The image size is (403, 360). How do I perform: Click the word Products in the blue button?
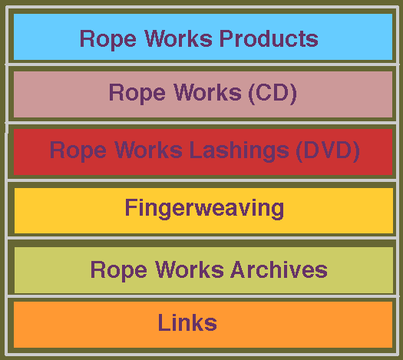pyautogui.click(x=269, y=38)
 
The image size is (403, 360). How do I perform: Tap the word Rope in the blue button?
pyautogui.click(x=108, y=40)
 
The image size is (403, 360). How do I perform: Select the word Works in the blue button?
pyautogui.click(x=178, y=38)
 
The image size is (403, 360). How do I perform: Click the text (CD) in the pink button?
pyautogui.click(x=273, y=93)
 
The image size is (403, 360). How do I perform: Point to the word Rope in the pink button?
pyautogui.click(x=137, y=94)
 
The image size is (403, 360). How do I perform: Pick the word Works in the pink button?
pyautogui.click(x=208, y=93)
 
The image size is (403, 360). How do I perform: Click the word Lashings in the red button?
pyautogui.click(x=239, y=151)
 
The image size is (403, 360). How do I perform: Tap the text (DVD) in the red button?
pyautogui.click(x=328, y=151)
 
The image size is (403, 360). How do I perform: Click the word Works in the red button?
pyautogui.click(x=149, y=150)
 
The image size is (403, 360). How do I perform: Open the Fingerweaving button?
pyautogui.click(x=204, y=210)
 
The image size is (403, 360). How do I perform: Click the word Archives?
pyautogui.click(x=279, y=269)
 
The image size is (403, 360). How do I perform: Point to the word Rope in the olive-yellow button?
pyautogui.click(x=118, y=271)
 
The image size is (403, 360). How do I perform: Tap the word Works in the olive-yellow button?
pyautogui.click(x=189, y=269)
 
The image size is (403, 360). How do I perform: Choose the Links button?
pyautogui.click(x=203, y=325)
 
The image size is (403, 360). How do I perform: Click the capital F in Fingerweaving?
pyautogui.click(x=130, y=207)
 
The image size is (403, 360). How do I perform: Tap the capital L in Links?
pyautogui.click(x=164, y=322)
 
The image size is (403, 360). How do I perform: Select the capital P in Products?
pyautogui.click(x=227, y=38)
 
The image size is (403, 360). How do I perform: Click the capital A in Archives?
pyautogui.click(x=239, y=269)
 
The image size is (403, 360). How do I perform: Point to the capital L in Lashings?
pyautogui.click(x=195, y=150)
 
